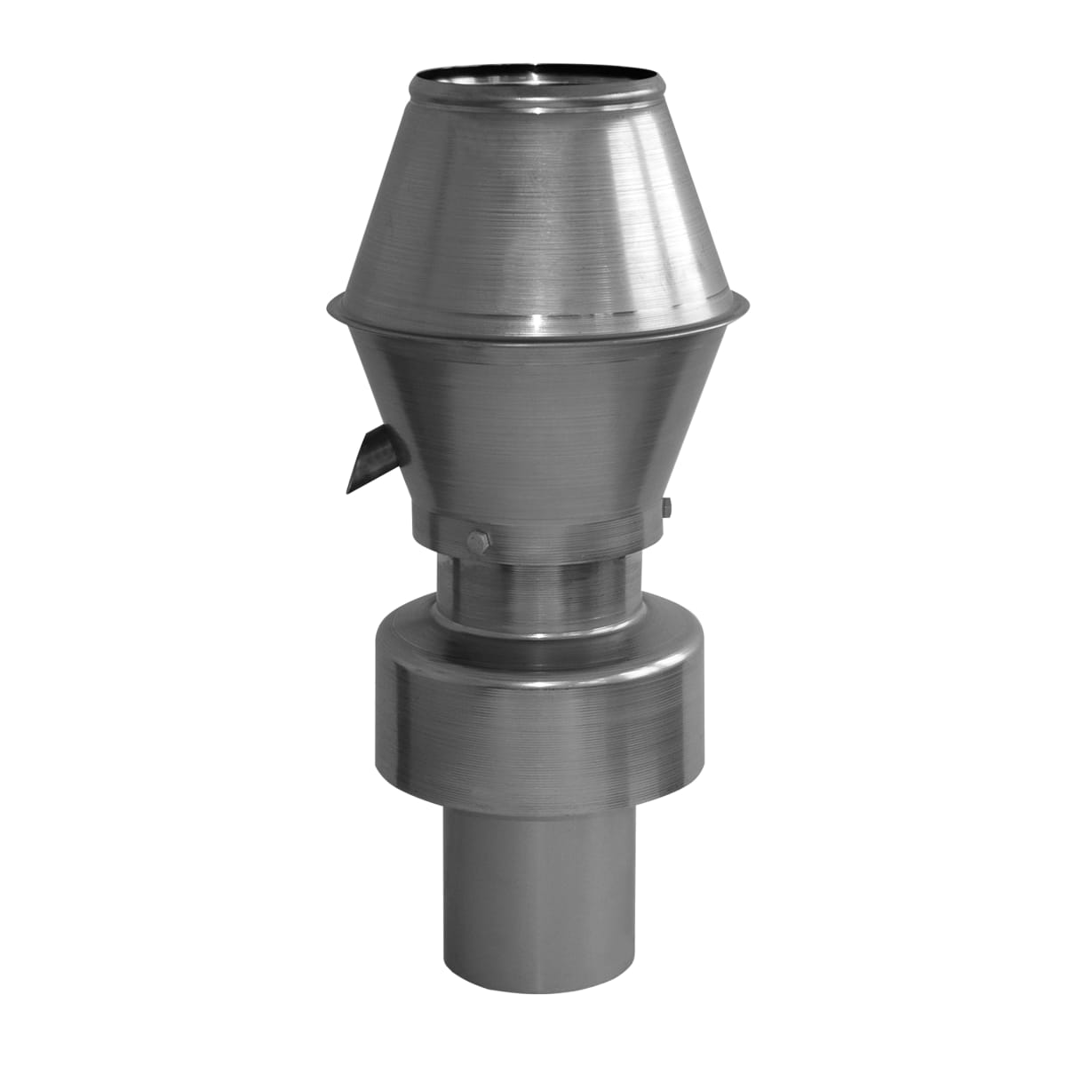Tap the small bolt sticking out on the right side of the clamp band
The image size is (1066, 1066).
pyautogui.click(x=667, y=509)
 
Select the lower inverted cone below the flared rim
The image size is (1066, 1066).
pyautogui.click(x=533, y=418)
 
